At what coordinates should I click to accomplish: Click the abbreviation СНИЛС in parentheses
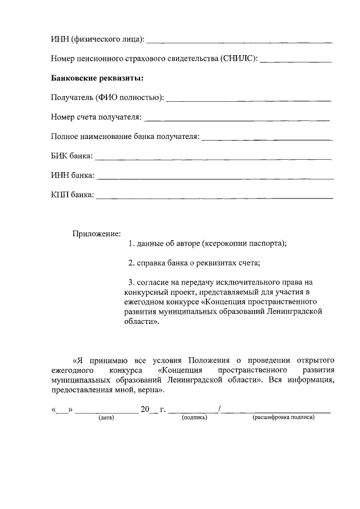[238, 58]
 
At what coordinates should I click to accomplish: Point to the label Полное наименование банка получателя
[125, 137]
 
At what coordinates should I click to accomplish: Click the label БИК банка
[71, 156]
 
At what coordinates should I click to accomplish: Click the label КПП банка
[72, 196]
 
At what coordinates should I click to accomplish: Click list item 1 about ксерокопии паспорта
[207, 244]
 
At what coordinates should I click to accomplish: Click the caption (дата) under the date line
[106, 418]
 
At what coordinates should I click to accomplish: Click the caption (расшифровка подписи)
[283, 418]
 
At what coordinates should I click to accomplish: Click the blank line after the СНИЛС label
[296, 61]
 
